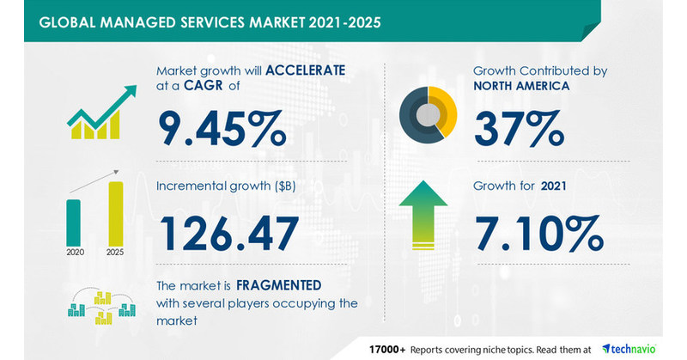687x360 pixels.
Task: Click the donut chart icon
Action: pos(427,115)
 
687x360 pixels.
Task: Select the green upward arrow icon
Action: pos(427,214)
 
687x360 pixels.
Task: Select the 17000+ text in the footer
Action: pos(388,347)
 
